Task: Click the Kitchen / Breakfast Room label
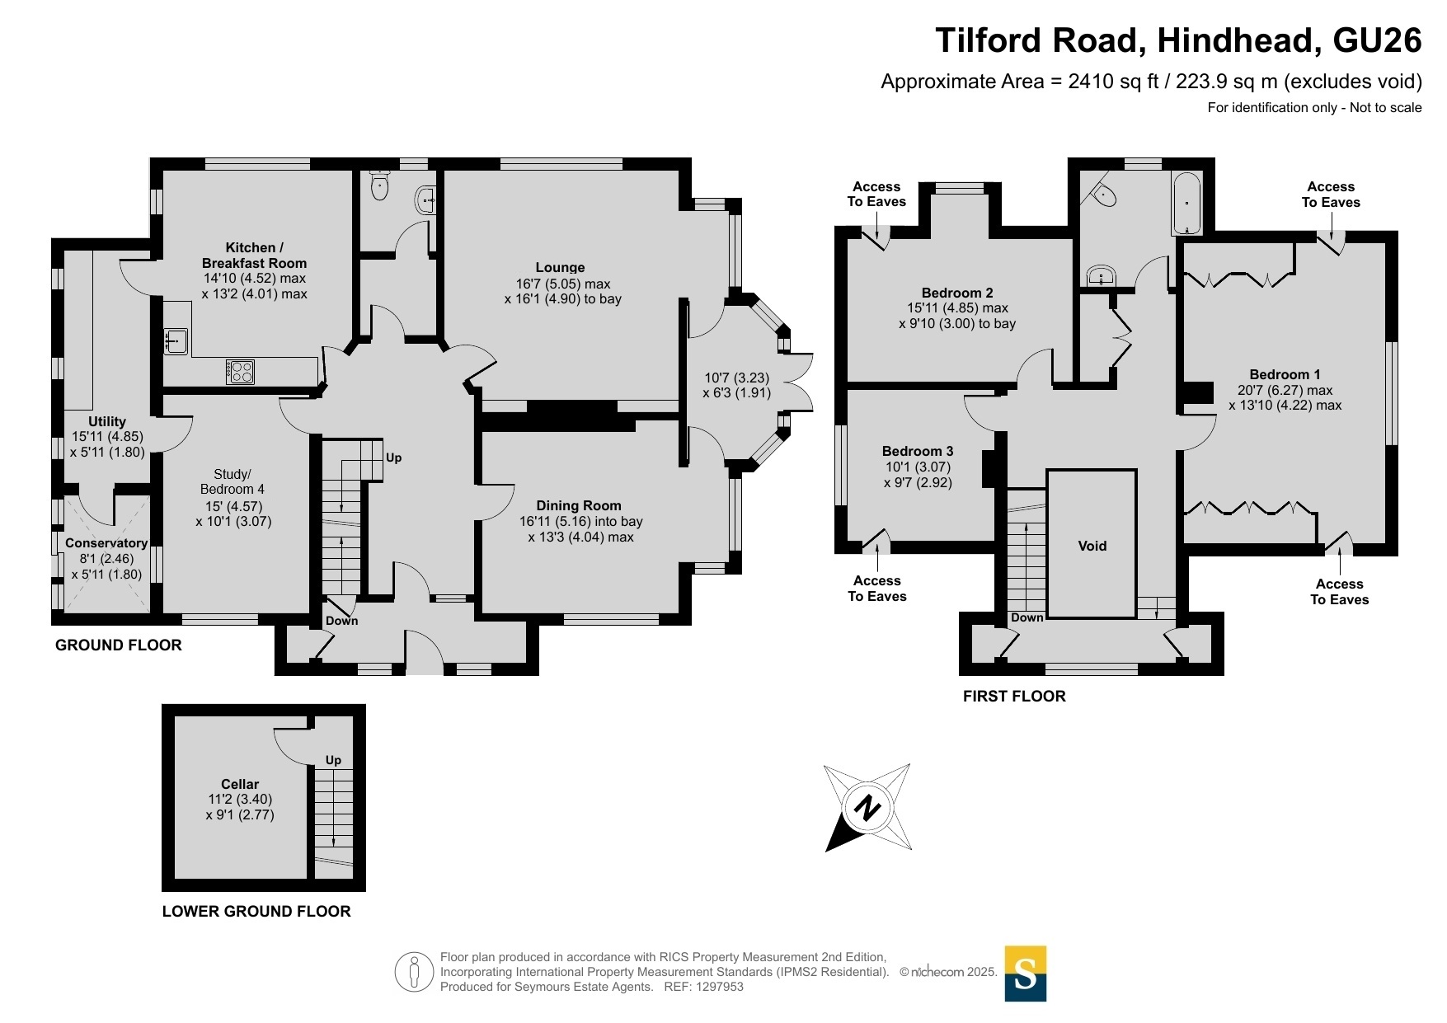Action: (x=254, y=255)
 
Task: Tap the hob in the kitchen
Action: (x=240, y=372)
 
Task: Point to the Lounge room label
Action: (x=560, y=267)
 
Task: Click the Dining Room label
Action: (x=579, y=505)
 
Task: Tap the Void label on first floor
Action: (x=1092, y=546)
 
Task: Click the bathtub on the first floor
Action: (x=1187, y=203)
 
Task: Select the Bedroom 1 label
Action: (x=1285, y=374)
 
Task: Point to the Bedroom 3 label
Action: (x=918, y=451)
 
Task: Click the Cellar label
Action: (x=240, y=784)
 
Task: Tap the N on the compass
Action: (x=866, y=807)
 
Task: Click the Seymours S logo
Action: (x=1025, y=974)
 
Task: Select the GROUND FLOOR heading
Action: (x=119, y=645)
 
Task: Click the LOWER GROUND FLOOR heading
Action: (x=256, y=912)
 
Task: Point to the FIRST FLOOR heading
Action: (x=1014, y=697)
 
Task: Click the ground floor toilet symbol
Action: (x=379, y=185)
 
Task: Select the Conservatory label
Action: (x=106, y=543)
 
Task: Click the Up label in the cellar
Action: (x=333, y=760)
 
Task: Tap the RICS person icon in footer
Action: (x=414, y=972)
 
